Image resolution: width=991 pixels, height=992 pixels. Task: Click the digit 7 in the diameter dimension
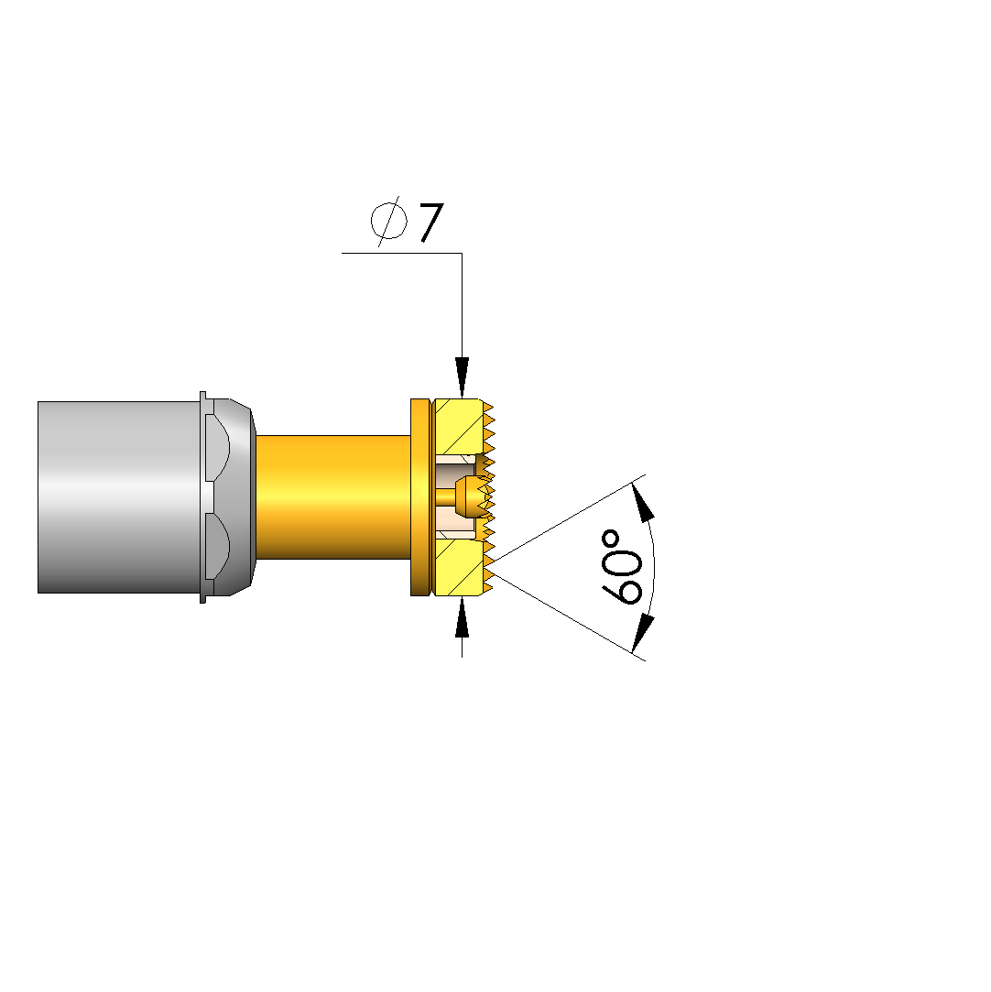coord(431,222)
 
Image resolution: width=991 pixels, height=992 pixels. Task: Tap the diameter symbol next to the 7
coord(388,221)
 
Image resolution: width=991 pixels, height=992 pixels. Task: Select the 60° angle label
coord(622,568)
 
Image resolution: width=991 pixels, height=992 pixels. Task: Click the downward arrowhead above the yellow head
coord(463,377)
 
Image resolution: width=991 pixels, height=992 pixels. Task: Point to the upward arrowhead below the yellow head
coord(463,616)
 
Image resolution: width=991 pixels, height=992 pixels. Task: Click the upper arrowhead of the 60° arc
coord(642,502)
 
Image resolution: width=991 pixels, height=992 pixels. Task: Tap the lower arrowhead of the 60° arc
coord(642,633)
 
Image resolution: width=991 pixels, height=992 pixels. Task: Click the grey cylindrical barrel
coord(119,497)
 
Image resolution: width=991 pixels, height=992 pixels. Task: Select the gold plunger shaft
coord(333,497)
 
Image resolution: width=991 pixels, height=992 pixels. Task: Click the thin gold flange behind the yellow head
coord(420,497)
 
